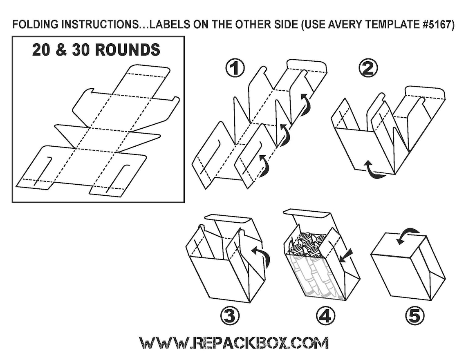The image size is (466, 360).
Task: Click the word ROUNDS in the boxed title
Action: coord(128,50)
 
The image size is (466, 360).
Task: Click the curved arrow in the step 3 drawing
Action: coord(262,255)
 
